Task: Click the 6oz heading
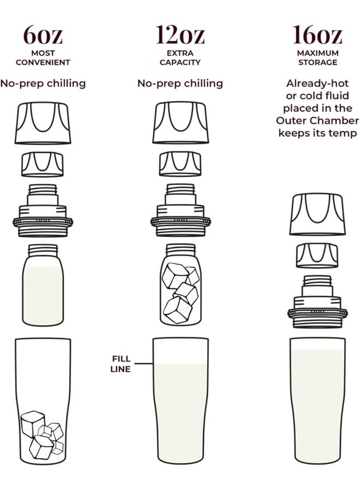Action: (43, 35)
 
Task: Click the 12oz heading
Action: (181, 34)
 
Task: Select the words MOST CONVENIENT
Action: (43, 58)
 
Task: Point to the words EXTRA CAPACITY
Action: (180, 58)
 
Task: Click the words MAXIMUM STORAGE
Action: (318, 58)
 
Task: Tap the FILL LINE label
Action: (121, 364)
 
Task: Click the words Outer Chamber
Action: (317, 121)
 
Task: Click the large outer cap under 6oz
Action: (43, 123)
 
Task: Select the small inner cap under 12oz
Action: (181, 164)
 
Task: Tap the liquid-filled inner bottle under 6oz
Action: (43, 285)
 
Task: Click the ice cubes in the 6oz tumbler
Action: (42, 435)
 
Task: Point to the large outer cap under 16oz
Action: (317, 214)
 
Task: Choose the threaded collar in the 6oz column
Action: (43, 211)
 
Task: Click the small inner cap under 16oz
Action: (317, 256)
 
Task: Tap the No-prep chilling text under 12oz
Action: (181, 83)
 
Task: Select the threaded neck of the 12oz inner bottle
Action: (181, 250)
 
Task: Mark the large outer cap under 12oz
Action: (181, 123)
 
